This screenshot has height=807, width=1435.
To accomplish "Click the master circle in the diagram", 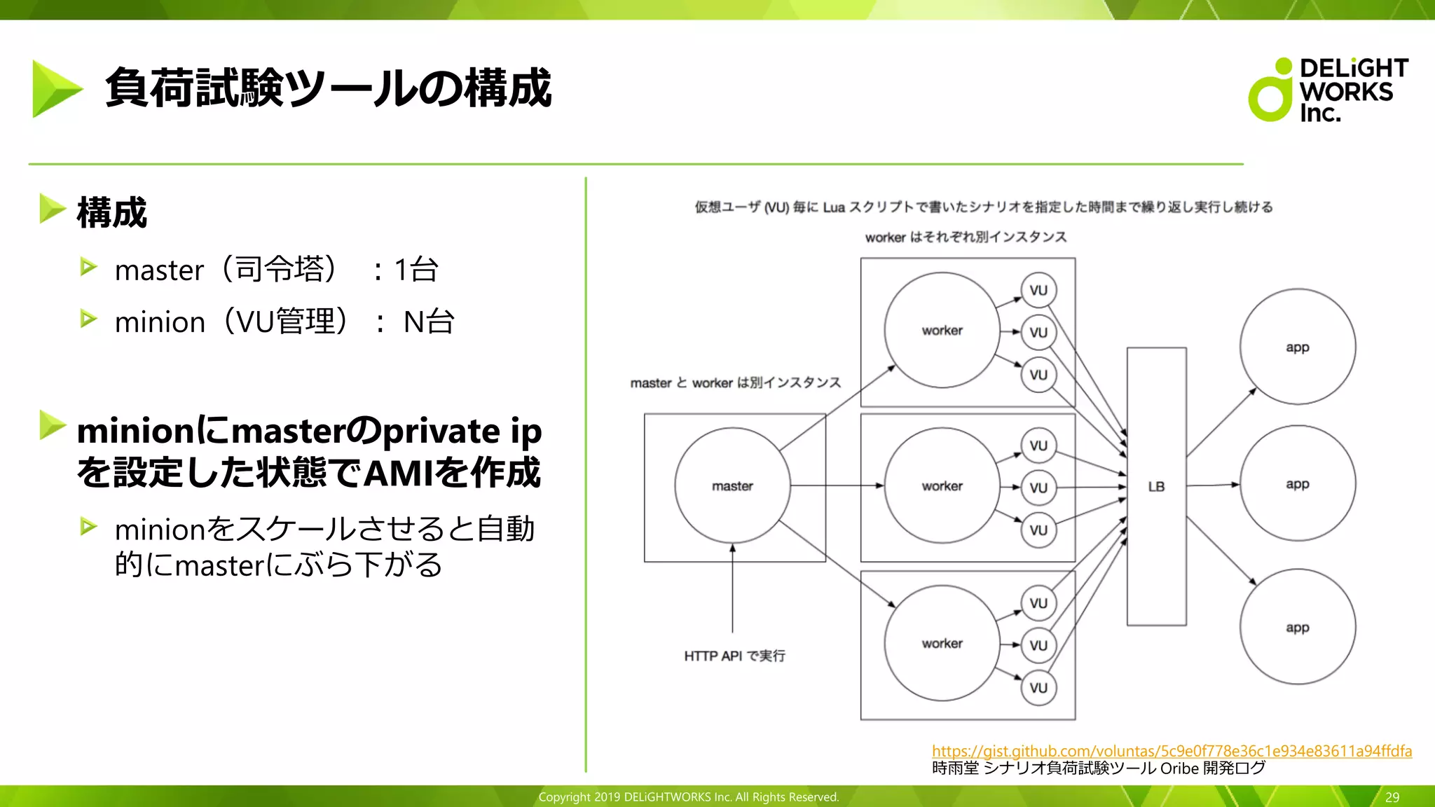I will (x=732, y=485).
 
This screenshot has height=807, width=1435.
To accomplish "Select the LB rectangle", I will (x=1156, y=486).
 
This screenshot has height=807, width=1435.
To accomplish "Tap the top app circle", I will (x=1297, y=347).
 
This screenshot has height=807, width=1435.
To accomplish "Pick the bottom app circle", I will (x=1297, y=627).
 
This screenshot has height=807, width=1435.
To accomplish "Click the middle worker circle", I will (x=942, y=485).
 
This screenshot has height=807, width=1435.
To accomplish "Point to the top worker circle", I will (x=942, y=330).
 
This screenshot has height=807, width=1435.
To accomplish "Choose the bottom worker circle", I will (x=942, y=643).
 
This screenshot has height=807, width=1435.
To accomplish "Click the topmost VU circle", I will (x=1038, y=290).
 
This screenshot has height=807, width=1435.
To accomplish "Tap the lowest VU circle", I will (x=1038, y=687).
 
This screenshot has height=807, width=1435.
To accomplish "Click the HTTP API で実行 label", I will (x=734, y=656).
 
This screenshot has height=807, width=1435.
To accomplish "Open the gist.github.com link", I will (x=1172, y=751).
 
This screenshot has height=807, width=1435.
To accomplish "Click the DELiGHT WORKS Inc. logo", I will (x=1328, y=90).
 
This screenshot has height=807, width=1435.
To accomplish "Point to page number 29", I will (x=1392, y=797).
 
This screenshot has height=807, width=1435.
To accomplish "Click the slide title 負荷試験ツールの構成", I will (x=328, y=88).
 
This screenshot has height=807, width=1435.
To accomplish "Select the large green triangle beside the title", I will (x=56, y=89).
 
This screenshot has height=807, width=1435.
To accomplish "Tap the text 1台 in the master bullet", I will (x=416, y=270).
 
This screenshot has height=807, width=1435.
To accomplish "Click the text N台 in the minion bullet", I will (x=429, y=322).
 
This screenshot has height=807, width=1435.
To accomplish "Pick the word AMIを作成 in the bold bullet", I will (x=453, y=472).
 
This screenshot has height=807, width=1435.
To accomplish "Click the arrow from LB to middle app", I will (x=1213, y=485).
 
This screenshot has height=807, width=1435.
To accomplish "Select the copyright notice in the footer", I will (x=688, y=797).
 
